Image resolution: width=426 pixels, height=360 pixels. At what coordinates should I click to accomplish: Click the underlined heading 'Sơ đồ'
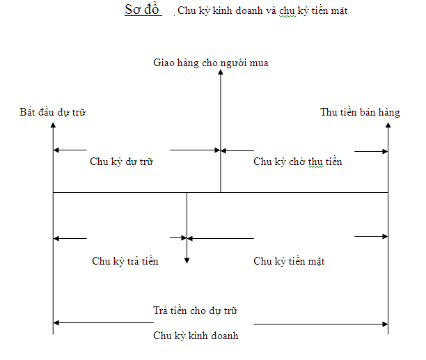pyautogui.click(x=142, y=10)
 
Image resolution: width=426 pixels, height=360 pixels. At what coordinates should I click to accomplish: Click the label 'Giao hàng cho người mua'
pyautogui.click(x=211, y=63)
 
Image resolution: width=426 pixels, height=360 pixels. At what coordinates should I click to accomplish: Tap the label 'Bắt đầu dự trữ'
pyautogui.click(x=52, y=112)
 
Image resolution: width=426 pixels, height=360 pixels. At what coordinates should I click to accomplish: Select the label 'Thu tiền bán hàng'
pyautogui.click(x=360, y=112)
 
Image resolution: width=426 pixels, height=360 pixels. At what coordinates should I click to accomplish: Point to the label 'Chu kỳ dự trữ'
pyautogui.click(x=121, y=162)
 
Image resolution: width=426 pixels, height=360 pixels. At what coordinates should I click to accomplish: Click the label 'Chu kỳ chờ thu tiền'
pyautogui.click(x=298, y=162)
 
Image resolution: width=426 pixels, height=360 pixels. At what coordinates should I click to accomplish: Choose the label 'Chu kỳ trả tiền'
pyautogui.click(x=125, y=261)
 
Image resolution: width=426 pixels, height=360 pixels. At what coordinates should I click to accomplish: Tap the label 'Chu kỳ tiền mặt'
pyautogui.click(x=289, y=261)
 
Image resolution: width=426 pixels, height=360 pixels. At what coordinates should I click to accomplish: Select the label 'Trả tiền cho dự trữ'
pyautogui.click(x=195, y=311)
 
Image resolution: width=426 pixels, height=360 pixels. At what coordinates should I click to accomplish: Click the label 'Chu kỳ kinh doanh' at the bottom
pyautogui.click(x=196, y=336)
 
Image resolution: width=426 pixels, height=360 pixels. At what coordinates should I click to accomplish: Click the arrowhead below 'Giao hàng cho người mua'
pyautogui.click(x=221, y=72)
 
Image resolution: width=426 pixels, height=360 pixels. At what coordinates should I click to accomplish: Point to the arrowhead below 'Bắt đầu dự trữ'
pyautogui.click(x=53, y=125)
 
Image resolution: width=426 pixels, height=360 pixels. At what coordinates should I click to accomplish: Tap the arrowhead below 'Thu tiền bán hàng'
pyautogui.click(x=388, y=125)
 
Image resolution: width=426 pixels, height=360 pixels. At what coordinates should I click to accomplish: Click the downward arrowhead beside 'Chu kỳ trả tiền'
pyautogui.click(x=187, y=261)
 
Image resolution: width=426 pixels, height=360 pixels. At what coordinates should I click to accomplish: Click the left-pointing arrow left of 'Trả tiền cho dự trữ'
pyautogui.click(x=104, y=323)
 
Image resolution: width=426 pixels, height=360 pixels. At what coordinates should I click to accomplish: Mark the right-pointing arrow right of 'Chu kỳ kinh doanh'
pyautogui.click(x=321, y=324)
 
